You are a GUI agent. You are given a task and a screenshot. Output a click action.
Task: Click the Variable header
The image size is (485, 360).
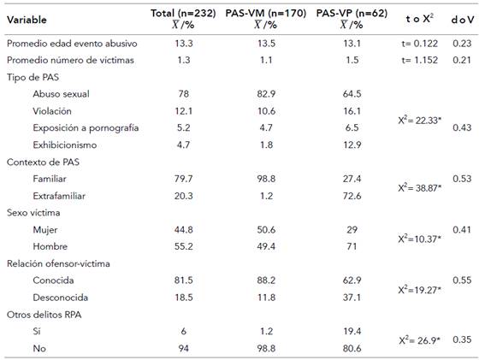pos(27,18)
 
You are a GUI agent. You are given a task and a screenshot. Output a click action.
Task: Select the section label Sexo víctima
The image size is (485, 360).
pos(35,212)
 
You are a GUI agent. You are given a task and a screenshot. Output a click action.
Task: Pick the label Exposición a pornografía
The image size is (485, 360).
pos(86,127)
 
